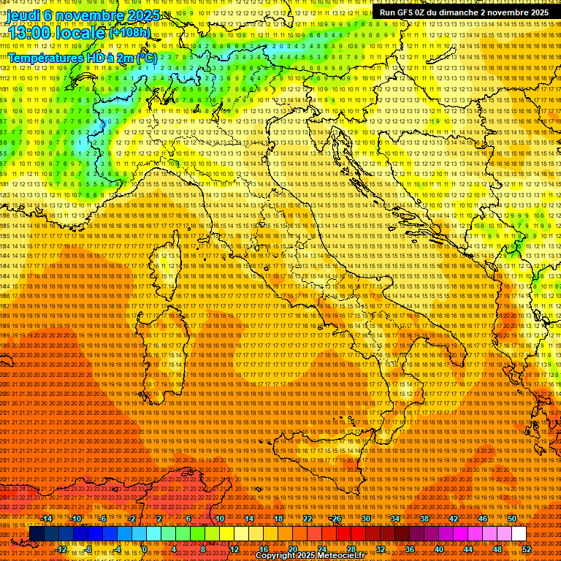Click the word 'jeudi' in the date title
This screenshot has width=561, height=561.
(x=23, y=15)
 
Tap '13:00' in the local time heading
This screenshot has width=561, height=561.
(x=36, y=33)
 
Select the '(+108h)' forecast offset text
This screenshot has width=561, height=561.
(x=130, y=33)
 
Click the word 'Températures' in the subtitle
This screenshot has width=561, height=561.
(x=45, y=57)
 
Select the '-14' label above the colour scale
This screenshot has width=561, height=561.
(x=47, y=519)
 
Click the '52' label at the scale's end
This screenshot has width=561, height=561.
(x=527, y=549)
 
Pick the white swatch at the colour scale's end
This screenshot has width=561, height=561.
(x=519, y=534)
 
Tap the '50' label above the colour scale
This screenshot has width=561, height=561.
(x=512, y=519)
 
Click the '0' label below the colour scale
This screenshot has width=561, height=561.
(x=145, y=549)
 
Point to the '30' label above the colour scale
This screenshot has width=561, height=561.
(x=366, y=519)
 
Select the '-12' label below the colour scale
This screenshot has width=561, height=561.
(x=61, y=549)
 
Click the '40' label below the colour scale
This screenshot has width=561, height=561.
(x=439, y=549)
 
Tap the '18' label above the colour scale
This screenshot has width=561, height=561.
(x=278, y=519)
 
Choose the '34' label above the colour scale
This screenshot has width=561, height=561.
(x=395, y=519)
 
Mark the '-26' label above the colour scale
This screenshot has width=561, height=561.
(x=335, y=519)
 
